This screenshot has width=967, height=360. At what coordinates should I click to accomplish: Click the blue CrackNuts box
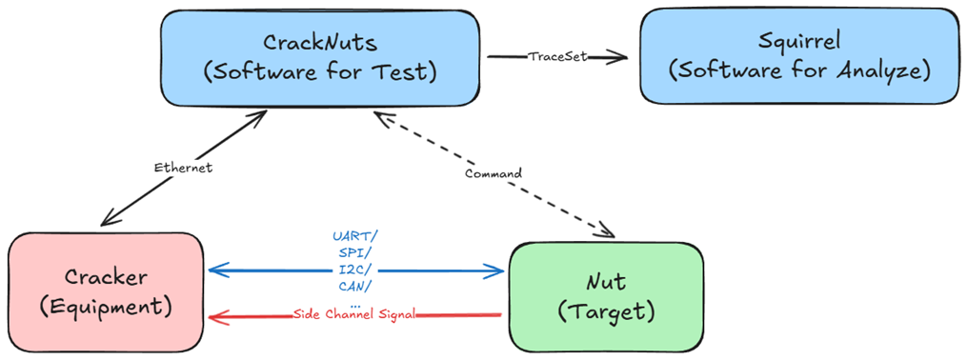pyautogui.click(x=320, y=57)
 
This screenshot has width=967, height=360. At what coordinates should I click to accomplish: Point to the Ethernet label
pyautogui.click(x=182, y=167)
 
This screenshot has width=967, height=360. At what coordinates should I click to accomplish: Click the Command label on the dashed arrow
pyautogui.click(x=493, y=173)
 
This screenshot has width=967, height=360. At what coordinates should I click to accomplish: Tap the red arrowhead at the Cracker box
pyautogui.click(x=217, y=316)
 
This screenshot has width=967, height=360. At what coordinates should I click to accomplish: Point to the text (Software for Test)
pyautogui.click(x=320, y=71)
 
